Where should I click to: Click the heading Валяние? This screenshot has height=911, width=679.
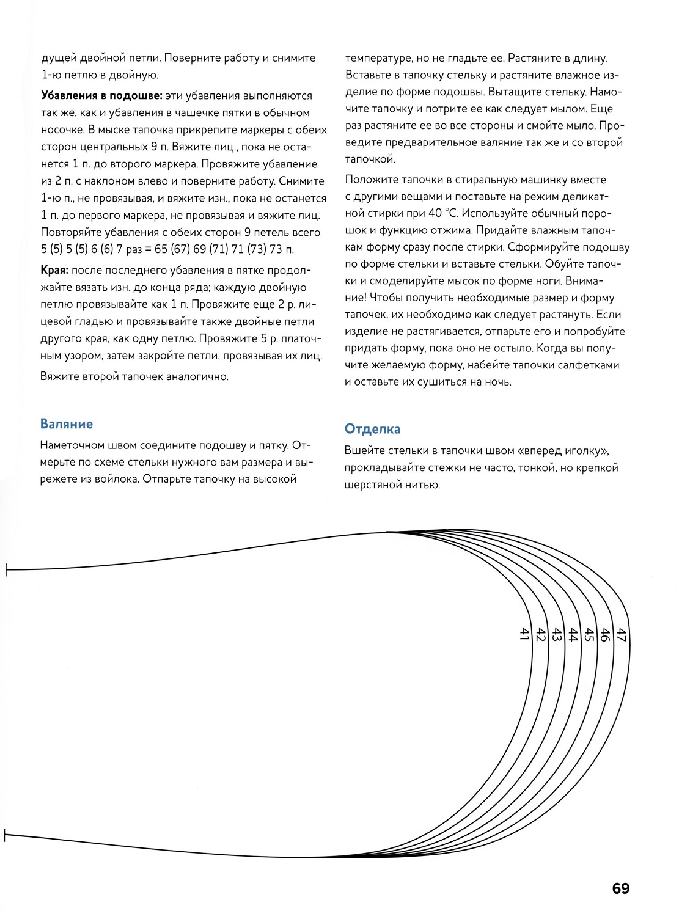[x=67, y=424]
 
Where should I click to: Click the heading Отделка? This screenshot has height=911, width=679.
[x=372, y=429]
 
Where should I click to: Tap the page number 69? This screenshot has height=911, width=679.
[x=620, y=888]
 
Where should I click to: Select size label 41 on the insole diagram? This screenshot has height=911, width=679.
[x=524, y=634]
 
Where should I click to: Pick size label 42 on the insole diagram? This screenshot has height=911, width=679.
[x=540, y=634]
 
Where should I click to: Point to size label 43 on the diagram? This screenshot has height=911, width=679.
[x=557, y=634]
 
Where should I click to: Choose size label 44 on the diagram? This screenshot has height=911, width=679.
[x=573, y=635]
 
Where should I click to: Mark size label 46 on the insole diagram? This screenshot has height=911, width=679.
[x=605, y=635]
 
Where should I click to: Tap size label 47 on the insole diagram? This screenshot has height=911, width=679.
[x=622, y=635]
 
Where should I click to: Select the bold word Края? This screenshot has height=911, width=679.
[x=54, y=271]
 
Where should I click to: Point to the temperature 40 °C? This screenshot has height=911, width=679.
[x=443, y=213]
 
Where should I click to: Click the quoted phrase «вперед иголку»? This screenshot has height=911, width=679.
[x=563, y=451]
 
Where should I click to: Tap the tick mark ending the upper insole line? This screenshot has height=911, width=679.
[x=6, y=570]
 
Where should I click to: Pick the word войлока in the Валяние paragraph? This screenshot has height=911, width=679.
[x=117, y=479]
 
